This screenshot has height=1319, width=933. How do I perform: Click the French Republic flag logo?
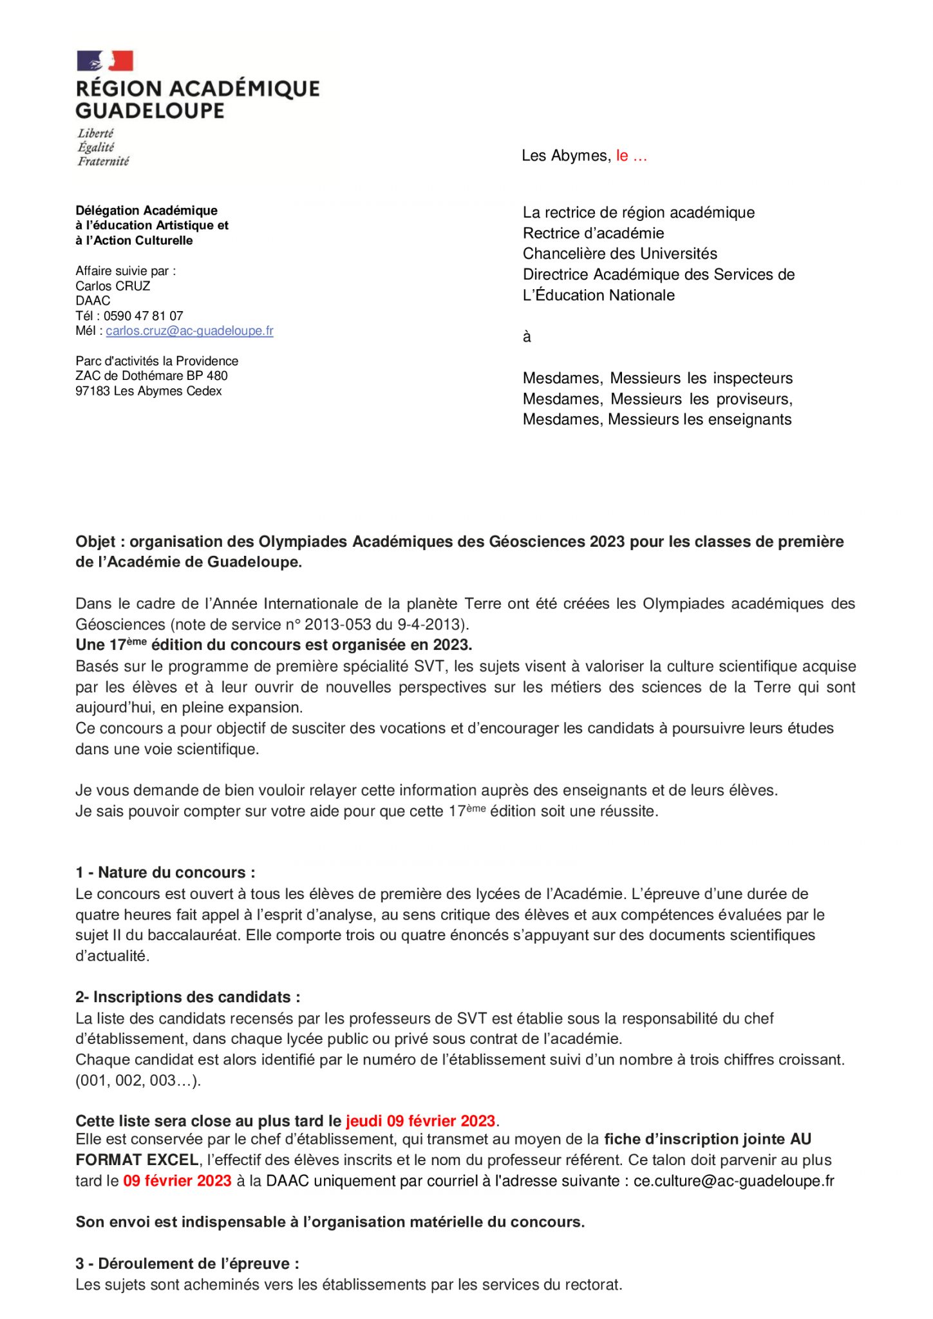point(105,61)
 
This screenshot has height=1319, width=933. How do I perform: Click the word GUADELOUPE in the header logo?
point(150,111)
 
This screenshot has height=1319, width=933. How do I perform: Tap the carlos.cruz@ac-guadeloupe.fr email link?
point(189,331)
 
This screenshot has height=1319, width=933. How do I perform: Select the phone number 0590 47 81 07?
point(143,316)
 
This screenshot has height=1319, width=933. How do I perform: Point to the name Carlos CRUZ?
point(113,286)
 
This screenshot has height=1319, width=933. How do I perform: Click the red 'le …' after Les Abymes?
point(631,156)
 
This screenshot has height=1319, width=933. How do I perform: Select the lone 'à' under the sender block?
point(527,337)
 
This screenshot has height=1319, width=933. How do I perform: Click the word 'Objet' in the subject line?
point(95,542)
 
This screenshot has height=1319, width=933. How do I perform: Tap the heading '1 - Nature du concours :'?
point(165,873)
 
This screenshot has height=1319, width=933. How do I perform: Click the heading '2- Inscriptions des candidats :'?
point(187,997)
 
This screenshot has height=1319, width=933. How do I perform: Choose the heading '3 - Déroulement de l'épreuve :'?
point(187,1264)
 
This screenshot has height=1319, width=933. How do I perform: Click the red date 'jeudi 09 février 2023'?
point(420,1121)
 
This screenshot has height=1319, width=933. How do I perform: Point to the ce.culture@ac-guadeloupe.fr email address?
point(733,1181)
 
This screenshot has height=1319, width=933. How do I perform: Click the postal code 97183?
point(93,391)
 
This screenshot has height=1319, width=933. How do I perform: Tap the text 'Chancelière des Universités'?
point(619,254)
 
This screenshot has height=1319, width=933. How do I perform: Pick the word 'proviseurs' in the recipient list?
point(753,399)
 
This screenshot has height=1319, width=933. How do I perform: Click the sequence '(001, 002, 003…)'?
point(138,1081)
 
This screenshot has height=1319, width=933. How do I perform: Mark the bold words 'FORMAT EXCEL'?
point(137,1161)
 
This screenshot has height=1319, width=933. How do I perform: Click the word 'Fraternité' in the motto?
point(103,161)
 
